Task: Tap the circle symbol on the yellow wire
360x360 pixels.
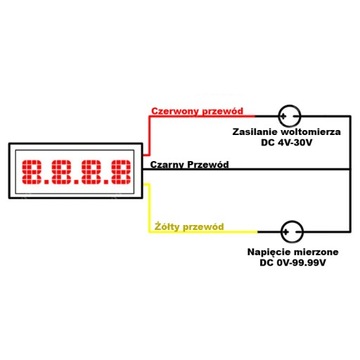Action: coord(291,231)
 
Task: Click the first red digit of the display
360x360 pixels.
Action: coord(42,173)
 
